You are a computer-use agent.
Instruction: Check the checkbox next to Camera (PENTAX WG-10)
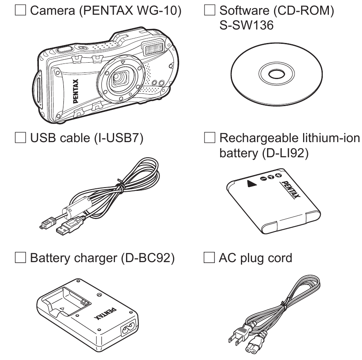(20, 10)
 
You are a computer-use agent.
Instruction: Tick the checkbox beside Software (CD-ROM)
(209, 10)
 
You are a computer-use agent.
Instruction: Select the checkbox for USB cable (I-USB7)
(20, 137)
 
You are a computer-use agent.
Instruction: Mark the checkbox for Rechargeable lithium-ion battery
(209, 137)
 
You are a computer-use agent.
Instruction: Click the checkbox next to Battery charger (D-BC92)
(20, 258)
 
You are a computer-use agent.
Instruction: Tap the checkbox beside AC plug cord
(209, 258)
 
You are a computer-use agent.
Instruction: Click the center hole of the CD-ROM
(277, 74)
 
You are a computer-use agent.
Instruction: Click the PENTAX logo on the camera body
(76, 91)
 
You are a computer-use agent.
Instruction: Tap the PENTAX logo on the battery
(291, 189)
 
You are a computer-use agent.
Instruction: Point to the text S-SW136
(246, 25)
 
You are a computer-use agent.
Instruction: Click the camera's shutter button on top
(65, 49)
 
